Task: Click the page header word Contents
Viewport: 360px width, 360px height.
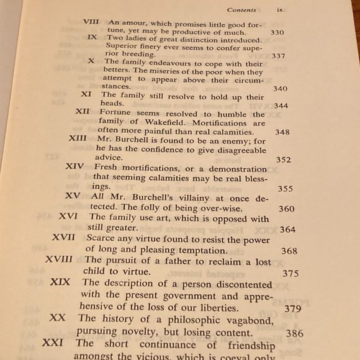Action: pyautogui.click(x=241, y=10)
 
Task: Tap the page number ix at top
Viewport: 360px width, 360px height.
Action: pyautogui.click(x=280, y=10)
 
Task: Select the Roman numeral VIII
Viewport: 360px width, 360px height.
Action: pyautogui.click(x=91, y=22)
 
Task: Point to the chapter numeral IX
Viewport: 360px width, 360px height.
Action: pyautogui.click(x=92, y=37)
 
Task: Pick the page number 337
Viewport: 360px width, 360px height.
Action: pyautogui.click(x=279, y=56)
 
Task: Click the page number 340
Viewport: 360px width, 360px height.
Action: pyautogui.click(x=280, y=89)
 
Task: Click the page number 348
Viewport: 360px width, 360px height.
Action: pyautogui.click(x=282, y=132)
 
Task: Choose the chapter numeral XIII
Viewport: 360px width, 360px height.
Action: pyautogui.click(x=78, y=138)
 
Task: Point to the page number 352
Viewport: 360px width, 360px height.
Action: pyautogui.click(x=283, y=160)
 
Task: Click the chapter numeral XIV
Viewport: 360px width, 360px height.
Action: pyautogui.click(x=74, y=167)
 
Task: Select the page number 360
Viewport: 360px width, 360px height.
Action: pyautogui.click(x=287, y=209)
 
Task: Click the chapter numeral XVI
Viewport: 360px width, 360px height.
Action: pyautogui.click(x=69, y=217)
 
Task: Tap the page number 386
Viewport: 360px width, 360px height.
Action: pyautogui.click(x=295, y=333)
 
